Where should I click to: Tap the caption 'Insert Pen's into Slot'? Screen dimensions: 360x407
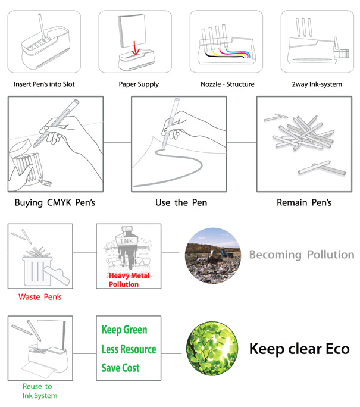(x=44, y=84)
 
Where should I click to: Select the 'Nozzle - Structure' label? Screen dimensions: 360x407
(x=227, y=84)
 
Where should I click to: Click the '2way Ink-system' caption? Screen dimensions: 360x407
(x=317, y=84)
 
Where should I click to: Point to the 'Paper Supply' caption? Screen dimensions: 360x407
(x=139, y=84)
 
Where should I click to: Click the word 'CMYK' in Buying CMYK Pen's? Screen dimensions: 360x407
(x=59, y=202)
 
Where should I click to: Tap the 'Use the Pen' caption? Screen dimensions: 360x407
(x=181, y=202)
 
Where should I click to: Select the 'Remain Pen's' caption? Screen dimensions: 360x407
(x=304, y=202)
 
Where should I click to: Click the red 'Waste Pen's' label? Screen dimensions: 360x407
(x=40, y=297)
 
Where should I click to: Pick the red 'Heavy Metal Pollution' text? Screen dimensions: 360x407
(x=129, y=280)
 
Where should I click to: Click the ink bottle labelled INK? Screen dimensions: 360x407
(x=127, y=246)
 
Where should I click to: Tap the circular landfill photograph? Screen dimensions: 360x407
(x=213, y=256)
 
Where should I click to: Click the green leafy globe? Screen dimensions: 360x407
(x=212, y=348)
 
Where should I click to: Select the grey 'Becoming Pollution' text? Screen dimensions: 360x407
(x=302, y=255)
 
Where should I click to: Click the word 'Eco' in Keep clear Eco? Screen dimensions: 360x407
(x=337, y=349)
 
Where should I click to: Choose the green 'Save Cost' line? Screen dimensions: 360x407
(x=120, y=368)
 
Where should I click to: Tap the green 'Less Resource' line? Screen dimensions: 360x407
(x=129, y=349)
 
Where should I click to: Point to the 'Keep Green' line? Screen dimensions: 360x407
(x=124, y=330)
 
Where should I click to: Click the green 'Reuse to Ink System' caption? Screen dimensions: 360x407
(x=40, y=391)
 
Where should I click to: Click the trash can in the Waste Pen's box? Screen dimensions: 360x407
(x=36, y=271)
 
